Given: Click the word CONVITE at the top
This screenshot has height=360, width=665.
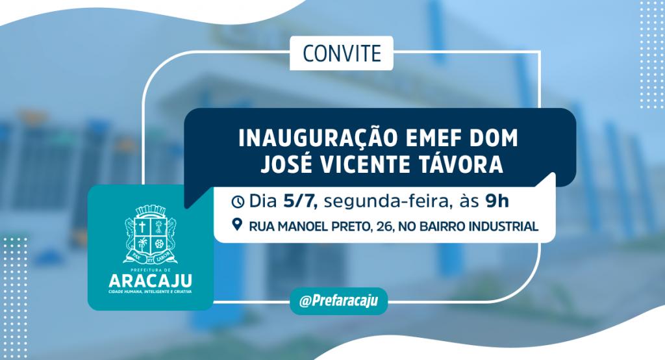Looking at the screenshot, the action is (342, 53).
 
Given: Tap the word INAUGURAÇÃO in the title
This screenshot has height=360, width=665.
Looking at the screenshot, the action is (316, 138).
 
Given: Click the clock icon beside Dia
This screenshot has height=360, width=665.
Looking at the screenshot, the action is (238, 201).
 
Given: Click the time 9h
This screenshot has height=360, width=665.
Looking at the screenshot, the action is (497, 201).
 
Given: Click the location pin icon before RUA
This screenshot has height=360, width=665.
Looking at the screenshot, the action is (238, 225).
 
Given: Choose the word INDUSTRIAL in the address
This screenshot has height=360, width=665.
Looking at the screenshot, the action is (503, 226).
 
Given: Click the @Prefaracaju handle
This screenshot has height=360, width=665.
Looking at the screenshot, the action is (338, 301).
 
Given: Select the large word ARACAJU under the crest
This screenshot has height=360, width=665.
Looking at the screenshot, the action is (151, 281).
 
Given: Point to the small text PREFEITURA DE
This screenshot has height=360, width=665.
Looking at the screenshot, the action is (151, 270).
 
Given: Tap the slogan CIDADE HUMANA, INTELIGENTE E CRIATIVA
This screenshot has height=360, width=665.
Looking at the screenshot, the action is (151, 292).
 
